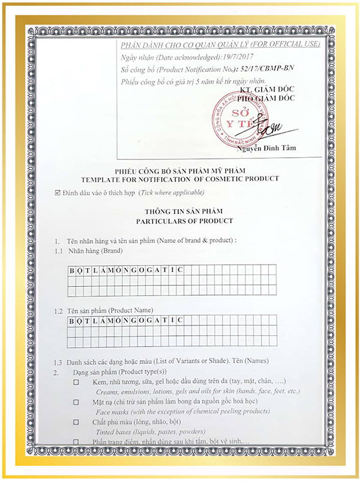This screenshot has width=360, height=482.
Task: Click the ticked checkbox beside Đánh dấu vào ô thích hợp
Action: point(58,192)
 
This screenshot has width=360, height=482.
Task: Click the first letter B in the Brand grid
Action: point(71,270)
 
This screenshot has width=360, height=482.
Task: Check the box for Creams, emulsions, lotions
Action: point(76,382)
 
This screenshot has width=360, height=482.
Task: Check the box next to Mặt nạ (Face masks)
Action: point(76,402)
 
